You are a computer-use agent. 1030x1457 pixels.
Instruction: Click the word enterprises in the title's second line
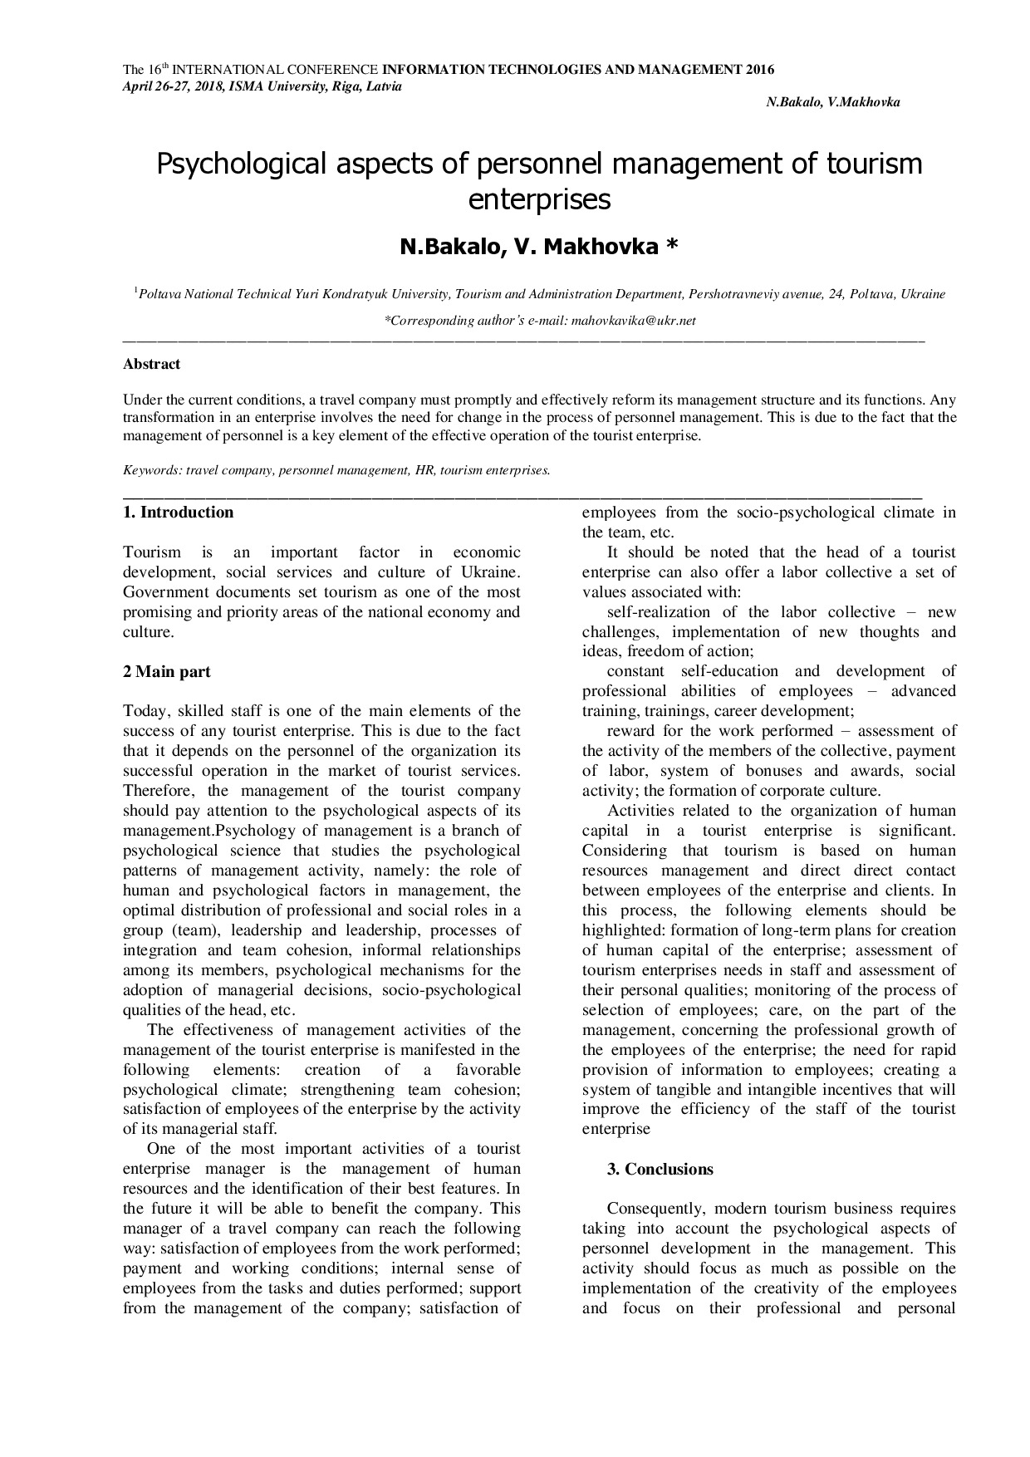pos(539,199)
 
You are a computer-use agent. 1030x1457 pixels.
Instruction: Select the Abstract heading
pos(151,364)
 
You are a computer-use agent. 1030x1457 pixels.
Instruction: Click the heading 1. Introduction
pos(179,513)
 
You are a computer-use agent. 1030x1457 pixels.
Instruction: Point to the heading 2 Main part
pos(167,672)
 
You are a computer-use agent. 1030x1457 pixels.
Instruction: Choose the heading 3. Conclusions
pos(660,1170)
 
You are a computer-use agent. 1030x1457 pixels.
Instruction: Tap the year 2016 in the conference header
pos(760,70)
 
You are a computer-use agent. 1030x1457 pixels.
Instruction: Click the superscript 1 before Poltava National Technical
pos(136,290)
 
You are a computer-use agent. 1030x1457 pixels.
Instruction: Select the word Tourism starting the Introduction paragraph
pos(152,552)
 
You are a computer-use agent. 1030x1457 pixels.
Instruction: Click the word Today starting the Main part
pos(146,711)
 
